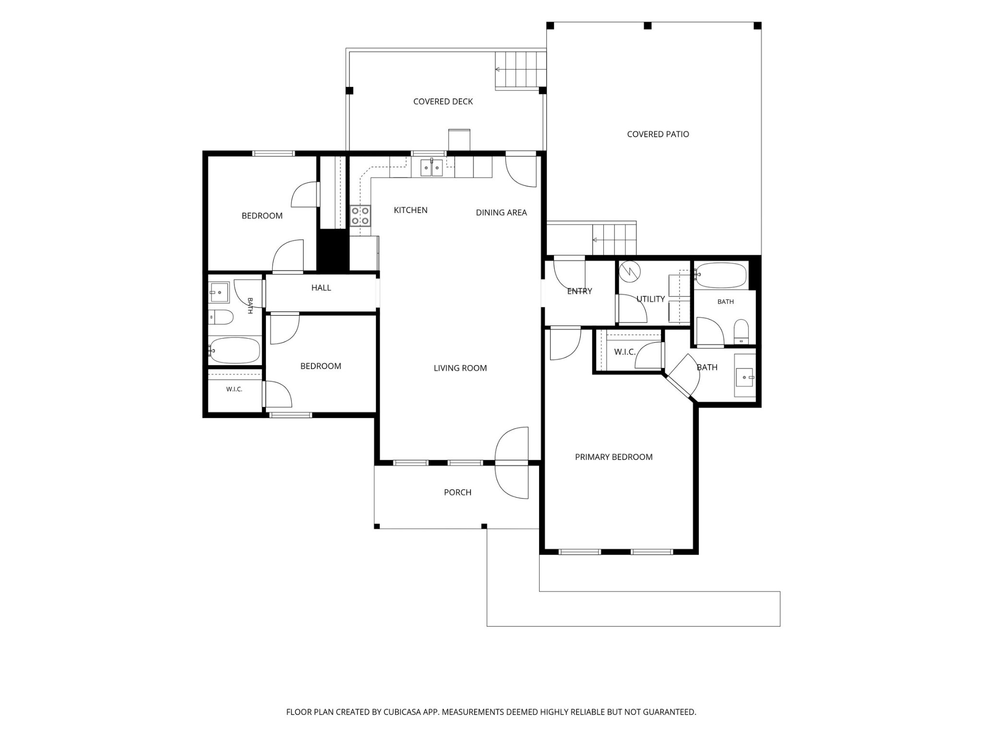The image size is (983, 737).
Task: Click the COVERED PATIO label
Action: pyautogui.click(x=658, y=134)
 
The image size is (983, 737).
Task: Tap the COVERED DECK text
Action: pyautogui.click(x=443, y=102)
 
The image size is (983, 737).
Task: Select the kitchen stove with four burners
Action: pyautogui.click(x=360, y=215)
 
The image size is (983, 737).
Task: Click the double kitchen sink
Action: pyautogui.click(x=432, y=167)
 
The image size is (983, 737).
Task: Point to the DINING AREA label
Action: pyautogui.click(x=501, y=213)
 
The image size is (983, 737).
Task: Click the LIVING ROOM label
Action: pyautogui.click(x=460, y=368)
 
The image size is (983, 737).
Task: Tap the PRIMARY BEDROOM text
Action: pyautogui.click(x=614, y=457)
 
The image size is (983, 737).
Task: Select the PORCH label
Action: pyautogui.click(x=457, y=492)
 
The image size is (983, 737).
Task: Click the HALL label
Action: pyautogui.click(x=321, y=288)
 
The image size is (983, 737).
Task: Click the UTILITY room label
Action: pyautogui.click(x=650, y=299)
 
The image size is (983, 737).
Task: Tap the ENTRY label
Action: pyautogui.click(x=579, y=291)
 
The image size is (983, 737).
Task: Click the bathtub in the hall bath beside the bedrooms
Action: pyautogui.click(x=235, y=350)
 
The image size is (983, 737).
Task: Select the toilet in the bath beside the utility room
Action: pyautogui.click(x=741, y=331)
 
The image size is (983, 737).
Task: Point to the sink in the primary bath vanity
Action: pyautogui.click(x=745, y=378)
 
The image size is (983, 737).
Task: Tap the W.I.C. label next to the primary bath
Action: pyautogui.click(x=625, y=352)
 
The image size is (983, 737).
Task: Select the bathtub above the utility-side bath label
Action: pyautogui.click(x=720, y=275)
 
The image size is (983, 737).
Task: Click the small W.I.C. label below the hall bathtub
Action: pyautogui.click(x=234, y=389)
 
